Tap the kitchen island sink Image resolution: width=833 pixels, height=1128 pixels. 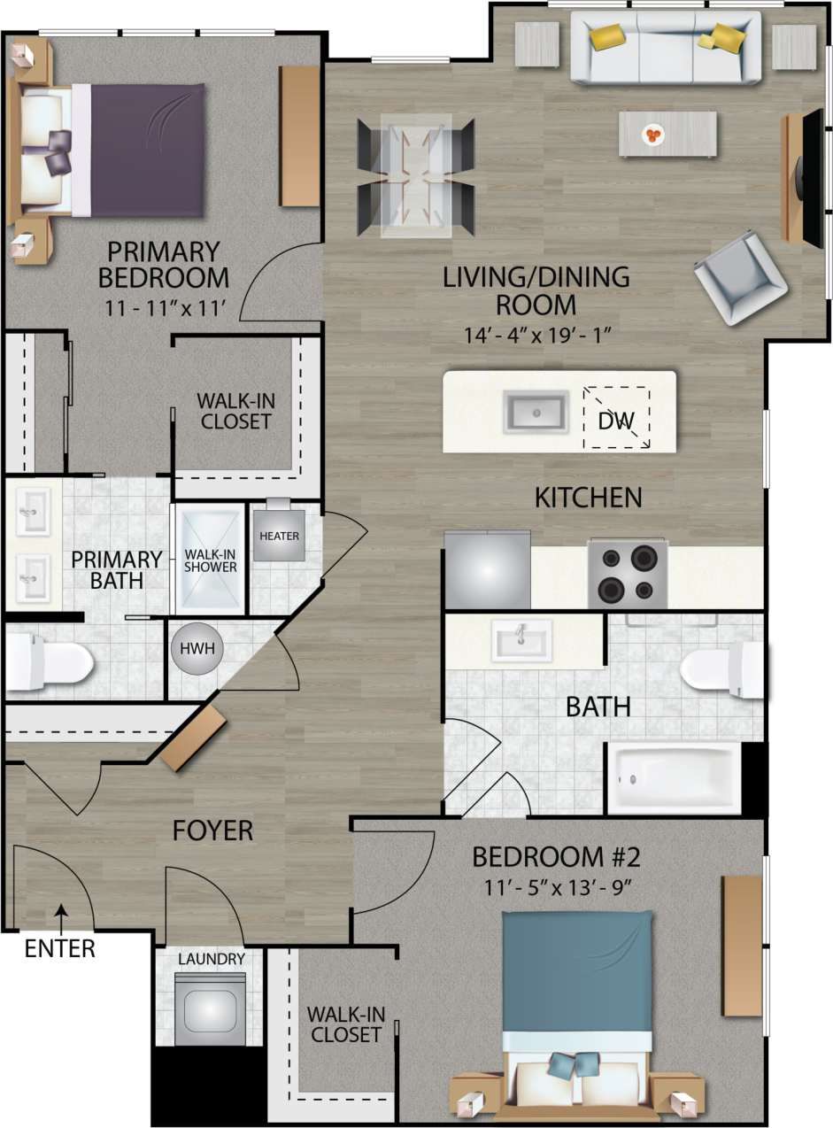coord(536,412)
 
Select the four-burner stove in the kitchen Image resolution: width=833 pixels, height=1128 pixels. coord(628,575)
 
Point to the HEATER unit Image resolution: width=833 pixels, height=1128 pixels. coord(279,536)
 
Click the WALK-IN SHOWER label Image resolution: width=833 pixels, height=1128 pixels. coord(210,560)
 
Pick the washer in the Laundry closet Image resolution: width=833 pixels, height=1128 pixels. coord(210,1008)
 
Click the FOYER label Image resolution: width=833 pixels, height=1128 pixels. coord(212,831)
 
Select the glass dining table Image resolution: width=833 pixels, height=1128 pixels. coord(415,176)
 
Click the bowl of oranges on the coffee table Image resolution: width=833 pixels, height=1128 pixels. coord(653,135)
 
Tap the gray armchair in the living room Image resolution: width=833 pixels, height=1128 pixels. coord(741,277)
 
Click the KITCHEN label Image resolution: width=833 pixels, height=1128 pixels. coord(588,498)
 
